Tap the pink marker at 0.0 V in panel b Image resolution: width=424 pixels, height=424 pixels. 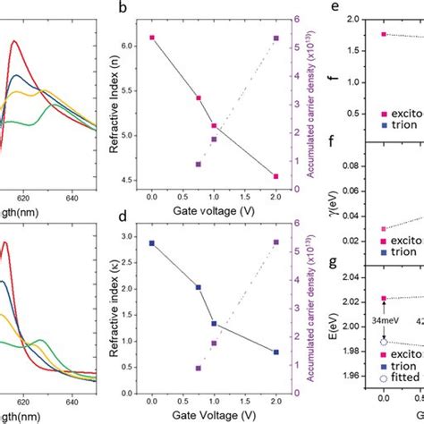coord(152,38)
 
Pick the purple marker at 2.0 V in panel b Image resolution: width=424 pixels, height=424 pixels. coord(276,38)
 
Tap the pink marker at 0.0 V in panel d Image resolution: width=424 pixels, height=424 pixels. coord(152,242)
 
